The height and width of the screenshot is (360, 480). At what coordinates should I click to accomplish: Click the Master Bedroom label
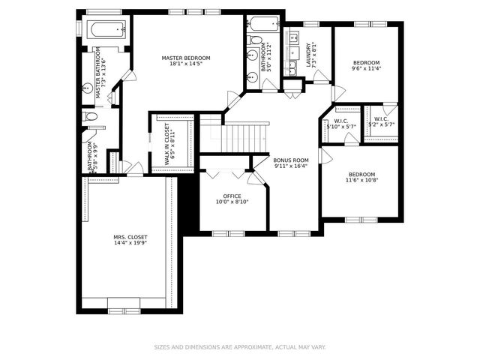186,58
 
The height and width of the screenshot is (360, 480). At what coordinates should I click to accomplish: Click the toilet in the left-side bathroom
90,116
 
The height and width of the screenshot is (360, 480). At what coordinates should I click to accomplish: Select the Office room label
232,196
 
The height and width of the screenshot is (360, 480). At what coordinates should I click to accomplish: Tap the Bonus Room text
291,160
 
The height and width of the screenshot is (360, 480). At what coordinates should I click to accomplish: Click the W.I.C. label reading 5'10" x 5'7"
341,120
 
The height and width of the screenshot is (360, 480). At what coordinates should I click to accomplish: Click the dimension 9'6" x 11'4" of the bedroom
367,69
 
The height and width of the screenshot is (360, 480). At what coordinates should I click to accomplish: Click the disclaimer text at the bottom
240,347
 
